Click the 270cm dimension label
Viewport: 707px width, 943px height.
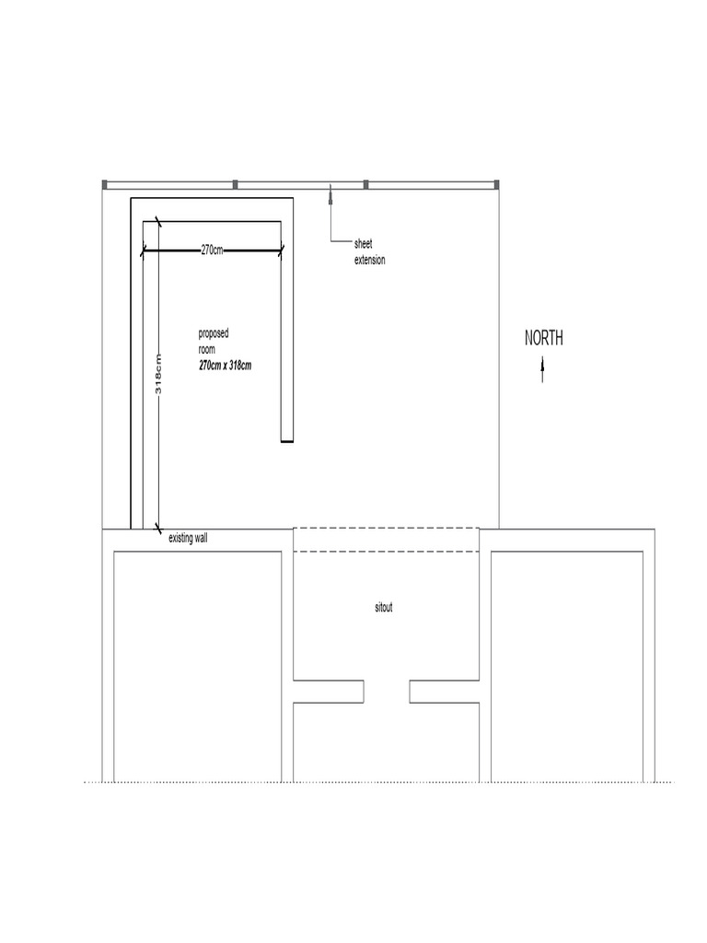[x=212, y=250]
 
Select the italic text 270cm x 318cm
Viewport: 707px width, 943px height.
[x=225, y=366]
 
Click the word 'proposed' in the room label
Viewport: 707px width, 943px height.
[x=214, y=332]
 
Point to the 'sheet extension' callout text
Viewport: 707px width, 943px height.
[x=369, y=252]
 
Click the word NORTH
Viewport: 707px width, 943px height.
[x=544, y=339]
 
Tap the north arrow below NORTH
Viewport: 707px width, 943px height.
[x=542, y=370]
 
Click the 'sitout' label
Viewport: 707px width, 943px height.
[x=383, y=608]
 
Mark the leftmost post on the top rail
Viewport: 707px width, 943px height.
[x=104, y=184]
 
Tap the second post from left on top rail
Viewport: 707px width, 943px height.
[x=235, y=184]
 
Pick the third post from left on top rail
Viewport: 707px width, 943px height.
[x=365, y=184]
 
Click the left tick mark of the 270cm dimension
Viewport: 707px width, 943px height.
[x=145, y=250]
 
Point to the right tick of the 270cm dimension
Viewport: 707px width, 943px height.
[x=281, y=250]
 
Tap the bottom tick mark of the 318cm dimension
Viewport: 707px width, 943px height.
[x=159, y=529]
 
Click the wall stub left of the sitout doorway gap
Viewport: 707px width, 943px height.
[x=329, y=692]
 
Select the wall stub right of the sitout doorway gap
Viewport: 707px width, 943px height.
[x=445, y=692]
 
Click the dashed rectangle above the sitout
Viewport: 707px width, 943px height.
[x=387, y=540]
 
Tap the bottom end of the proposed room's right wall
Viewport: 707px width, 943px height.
[x=287, y=441]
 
